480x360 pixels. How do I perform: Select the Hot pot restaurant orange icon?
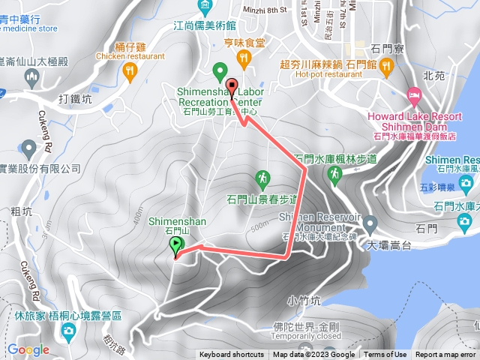387,69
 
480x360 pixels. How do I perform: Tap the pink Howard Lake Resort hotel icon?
413,96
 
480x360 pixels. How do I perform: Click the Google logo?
28,349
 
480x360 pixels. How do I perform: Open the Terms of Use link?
385,355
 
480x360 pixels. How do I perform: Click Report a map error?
445,355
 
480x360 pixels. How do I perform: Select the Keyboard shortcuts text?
232,355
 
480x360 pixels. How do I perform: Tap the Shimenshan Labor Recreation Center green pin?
220,70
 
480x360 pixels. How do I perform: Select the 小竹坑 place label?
304,301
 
